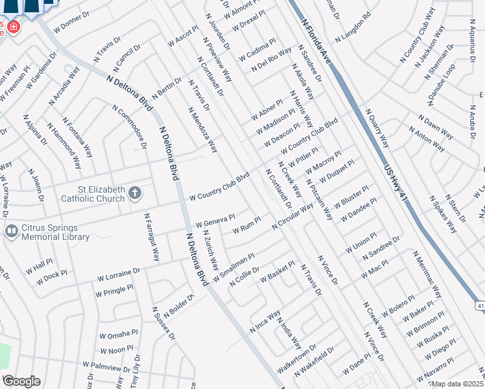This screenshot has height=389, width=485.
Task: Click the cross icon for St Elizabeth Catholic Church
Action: pos(136,193)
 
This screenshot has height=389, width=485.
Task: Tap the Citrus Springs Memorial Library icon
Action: pos(11,231)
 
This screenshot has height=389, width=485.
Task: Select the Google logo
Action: pos(21,381)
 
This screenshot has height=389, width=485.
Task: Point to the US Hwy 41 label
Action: pos(394,183)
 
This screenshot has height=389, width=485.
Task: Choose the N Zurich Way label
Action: pos(211,250)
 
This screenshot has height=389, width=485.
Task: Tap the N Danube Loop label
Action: pos(441,84)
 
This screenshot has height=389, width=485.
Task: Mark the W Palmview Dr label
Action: pos(106,368)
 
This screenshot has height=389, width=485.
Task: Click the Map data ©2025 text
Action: pos(458,384)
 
